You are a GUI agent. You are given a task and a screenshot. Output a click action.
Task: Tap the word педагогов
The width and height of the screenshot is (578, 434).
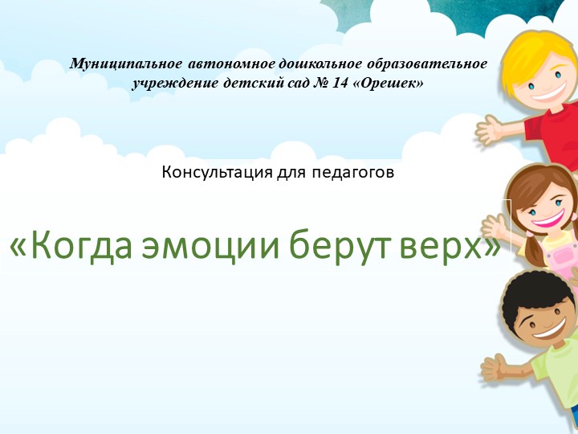(x=356, y=171)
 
